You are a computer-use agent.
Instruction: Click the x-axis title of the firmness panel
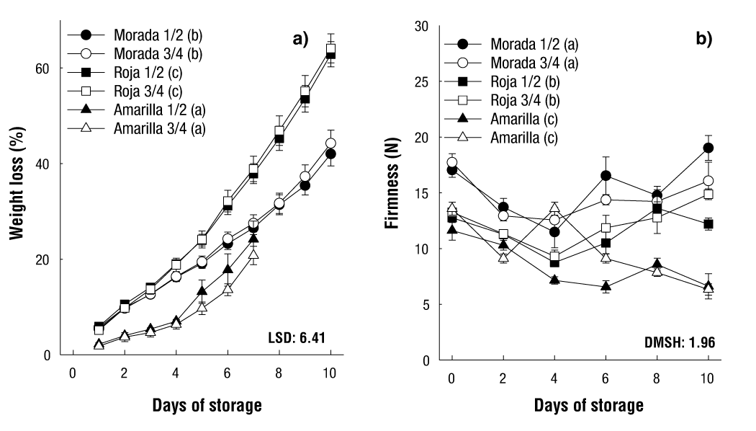tap(588, 405)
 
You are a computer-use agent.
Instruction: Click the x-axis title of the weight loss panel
tap(207, 405)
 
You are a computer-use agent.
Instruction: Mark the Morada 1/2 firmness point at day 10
tap(708, 148)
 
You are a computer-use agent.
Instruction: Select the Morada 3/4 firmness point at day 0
tap(451, 162)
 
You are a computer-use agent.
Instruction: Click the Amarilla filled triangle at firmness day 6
tap(606, 286)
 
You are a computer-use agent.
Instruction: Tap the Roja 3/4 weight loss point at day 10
tap(331, 50)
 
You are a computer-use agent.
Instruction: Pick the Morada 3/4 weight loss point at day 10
tap(331, 143)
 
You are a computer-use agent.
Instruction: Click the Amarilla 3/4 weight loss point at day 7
tap(253, 254)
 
